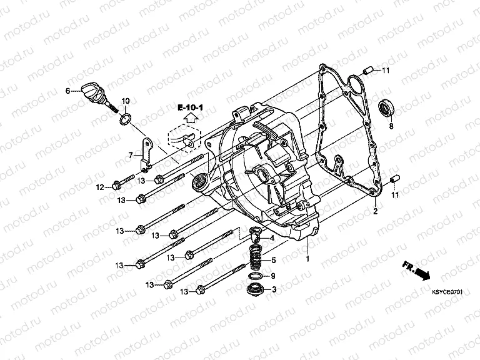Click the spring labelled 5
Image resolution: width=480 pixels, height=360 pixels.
point(255,258)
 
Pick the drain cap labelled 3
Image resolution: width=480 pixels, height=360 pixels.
point(256,289)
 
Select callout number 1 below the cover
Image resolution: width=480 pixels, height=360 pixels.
point(307,257)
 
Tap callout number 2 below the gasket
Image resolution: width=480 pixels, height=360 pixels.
point(376,212)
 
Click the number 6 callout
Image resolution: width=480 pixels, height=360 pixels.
point(67,91)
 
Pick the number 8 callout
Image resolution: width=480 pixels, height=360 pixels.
point(392,126)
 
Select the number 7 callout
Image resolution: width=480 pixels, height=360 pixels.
point(131,154)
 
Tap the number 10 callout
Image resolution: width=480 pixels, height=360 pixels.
point(125,101)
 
